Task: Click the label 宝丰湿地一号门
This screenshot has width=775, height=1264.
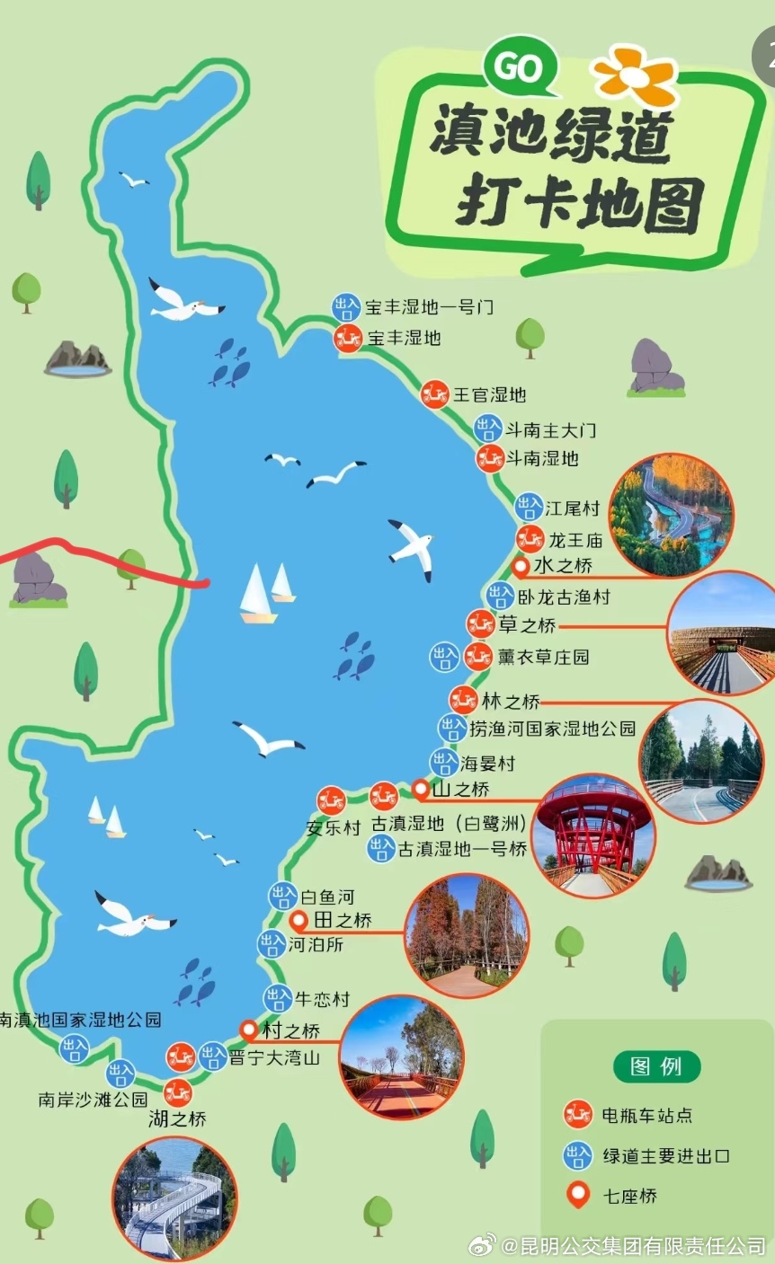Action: [x=429, y=307]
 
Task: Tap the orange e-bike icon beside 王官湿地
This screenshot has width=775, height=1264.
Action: [x=435, y=393]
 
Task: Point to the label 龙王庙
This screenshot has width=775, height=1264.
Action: [x=575, y=540]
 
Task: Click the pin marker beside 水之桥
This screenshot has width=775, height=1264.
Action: [x=520, y=567]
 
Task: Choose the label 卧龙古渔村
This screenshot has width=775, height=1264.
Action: [x=564, y=596]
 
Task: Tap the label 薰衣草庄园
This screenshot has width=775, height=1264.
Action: [x=544, y=657]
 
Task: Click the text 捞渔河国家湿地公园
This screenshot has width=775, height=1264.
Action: [x=552, y=728]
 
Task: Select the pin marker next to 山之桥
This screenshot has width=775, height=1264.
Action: [x=420, y=790]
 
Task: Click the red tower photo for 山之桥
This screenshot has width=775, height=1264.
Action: [x=592, y=835]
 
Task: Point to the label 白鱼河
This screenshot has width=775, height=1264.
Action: [x=327, y=897]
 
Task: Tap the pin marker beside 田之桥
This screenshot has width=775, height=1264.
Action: [x=300, y=920]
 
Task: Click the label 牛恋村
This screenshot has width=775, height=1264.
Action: [x=322, y=999]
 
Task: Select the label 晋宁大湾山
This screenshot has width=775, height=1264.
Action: [x=274, y=1057]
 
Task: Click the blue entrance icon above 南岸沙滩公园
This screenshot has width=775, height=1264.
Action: [x=120, y=1073]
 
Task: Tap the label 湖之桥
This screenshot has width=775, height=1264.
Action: [x=177, y=1119]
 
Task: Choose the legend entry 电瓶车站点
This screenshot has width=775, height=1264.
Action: [x=647, y=1115]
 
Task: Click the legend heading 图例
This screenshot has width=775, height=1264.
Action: [x=656, y=1066]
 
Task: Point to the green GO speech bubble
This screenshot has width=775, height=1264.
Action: [x=520, y=68]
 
